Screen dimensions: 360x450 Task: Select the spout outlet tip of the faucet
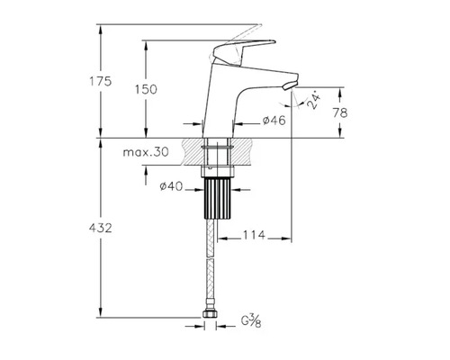289,85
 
